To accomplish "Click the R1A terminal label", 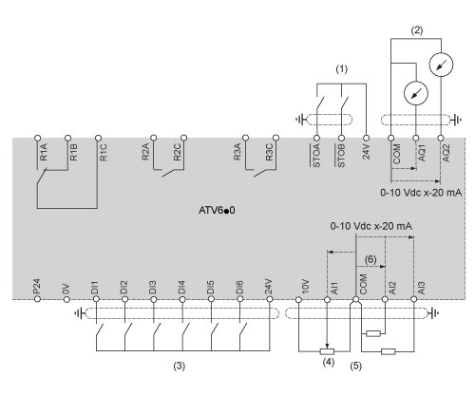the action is [x=44, y=152].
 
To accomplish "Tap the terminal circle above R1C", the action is [x=98, y=138].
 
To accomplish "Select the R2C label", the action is [x=177, y=152].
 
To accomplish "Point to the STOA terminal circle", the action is [x=316, y=138].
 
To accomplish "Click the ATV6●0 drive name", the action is [x=217, y=210].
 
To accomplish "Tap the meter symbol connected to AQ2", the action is [x=441, y=65].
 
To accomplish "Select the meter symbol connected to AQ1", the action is [x=416, y=93].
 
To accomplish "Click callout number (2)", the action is [x=416, y=30].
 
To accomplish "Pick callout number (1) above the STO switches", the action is [x=341, y=69].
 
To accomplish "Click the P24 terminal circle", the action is [x=38, y=299].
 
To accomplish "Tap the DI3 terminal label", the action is [x=152, y=287].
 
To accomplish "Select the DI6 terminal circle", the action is [x=240, y=299].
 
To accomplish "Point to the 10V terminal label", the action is [x=305, y=287].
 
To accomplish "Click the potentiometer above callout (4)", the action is [x=327, y=351].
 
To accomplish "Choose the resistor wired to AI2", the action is [x=373, y=333].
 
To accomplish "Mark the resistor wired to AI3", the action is [x=388, y=351].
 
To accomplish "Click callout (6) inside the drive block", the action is [x=370, y=259].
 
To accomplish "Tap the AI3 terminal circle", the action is [x=413, y=299].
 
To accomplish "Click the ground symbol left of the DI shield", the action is [x=78, y=313].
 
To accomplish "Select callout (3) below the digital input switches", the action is [x=179, y=366].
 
